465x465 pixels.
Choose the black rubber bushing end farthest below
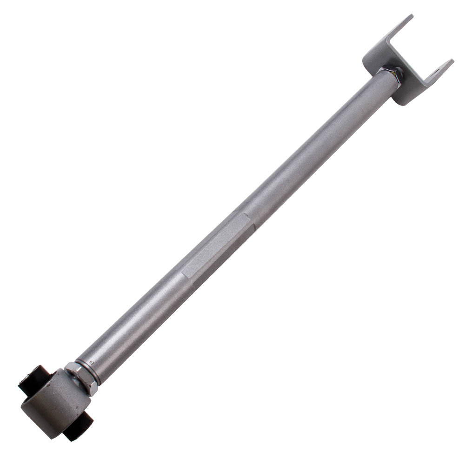click(x=77, y=430)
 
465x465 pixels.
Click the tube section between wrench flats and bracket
click(x=316, y=149)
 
